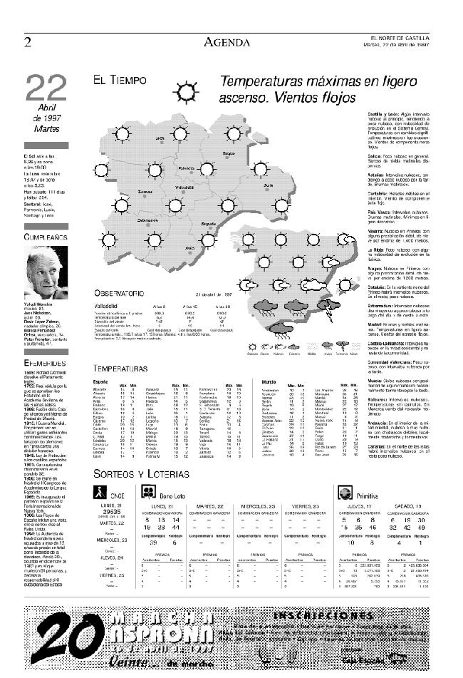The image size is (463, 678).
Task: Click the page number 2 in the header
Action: [x=28, y=42]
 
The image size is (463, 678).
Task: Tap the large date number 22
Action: [x=46, y=88]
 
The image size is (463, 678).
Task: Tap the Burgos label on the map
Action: [x=229, y=153]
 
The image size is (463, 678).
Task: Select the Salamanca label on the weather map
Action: [x=149, y=221]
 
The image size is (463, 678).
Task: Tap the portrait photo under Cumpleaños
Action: [x=46, y=272]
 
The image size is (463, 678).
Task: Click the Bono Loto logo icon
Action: [x=148, y=471]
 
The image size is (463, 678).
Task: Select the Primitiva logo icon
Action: [x=345, y=473]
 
